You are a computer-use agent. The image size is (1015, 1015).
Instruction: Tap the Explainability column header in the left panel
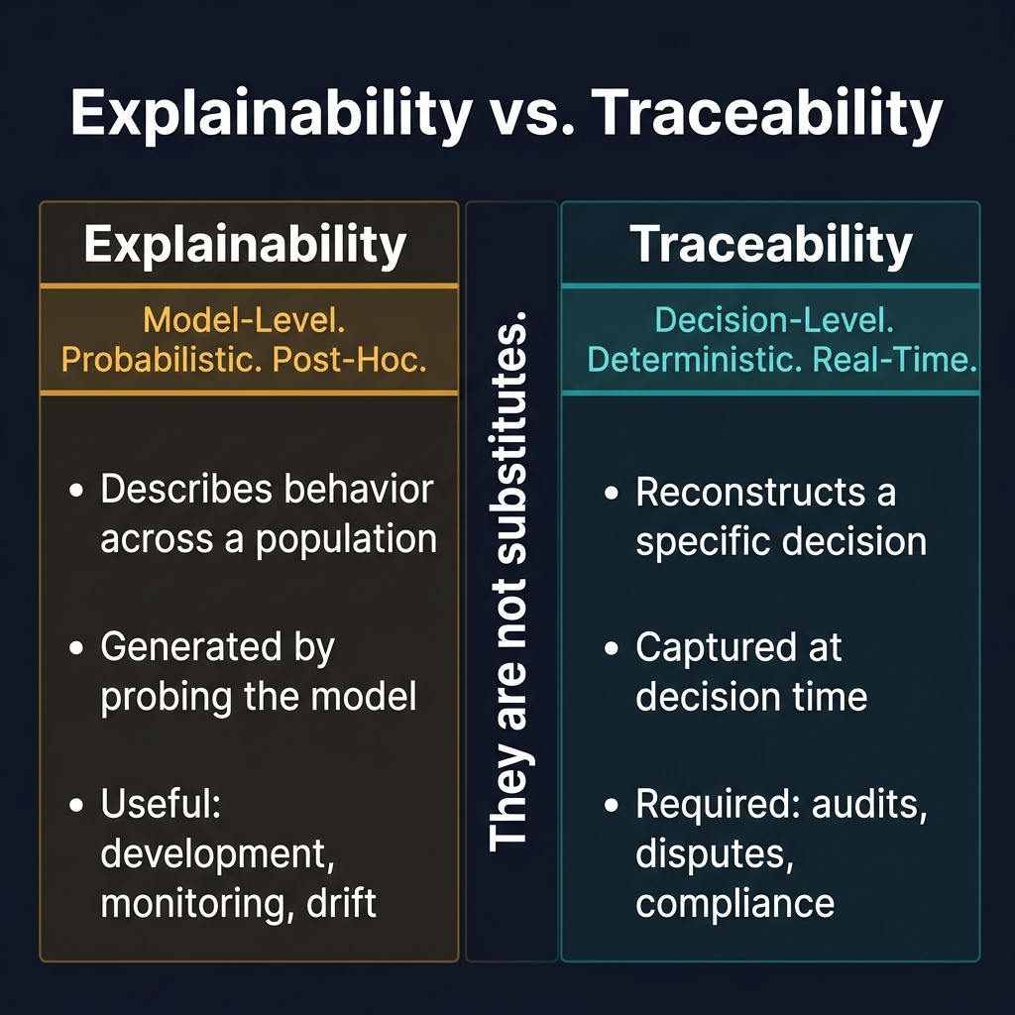click(x=245, y=245)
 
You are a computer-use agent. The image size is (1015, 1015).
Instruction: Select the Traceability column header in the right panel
click(x=771, y=245)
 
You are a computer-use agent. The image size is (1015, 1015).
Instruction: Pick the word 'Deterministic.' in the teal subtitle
click(x=692, y=359)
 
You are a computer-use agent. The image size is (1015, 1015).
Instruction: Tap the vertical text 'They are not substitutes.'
click(x=510, y=580)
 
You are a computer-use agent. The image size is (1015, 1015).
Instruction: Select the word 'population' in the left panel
click(x=346, y=539)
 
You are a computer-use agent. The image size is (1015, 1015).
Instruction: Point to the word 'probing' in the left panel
click(x=162, y=697)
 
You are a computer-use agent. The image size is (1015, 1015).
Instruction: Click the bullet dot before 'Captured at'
click(x=613, y=649)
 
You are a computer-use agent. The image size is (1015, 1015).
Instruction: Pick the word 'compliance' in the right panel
click(x=734, y=903)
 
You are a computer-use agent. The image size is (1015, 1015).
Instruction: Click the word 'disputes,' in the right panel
click(x=714, y=854)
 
